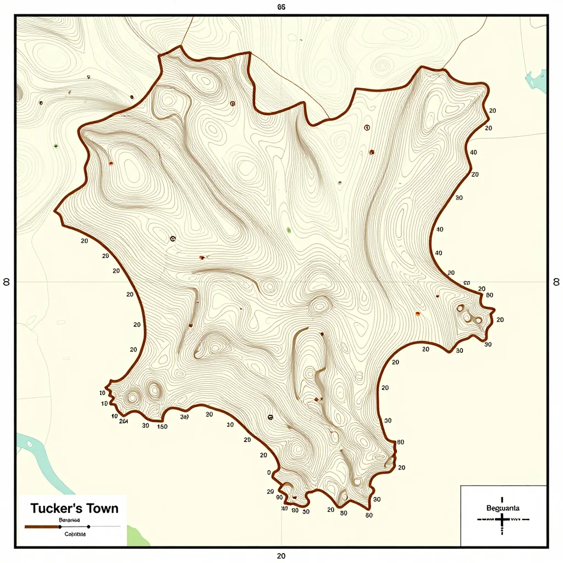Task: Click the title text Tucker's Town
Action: click(x=74, y=508)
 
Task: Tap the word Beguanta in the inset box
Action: click(x=503, y=508)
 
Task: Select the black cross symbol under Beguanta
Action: click(x=503, y=520)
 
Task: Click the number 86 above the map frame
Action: click(x=281, y=7)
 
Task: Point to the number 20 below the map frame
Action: click(x=281, y=556)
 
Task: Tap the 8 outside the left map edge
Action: click(x=7, y=281)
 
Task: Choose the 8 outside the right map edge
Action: click(x=555, y=281)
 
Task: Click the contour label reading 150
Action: click(x=162, y=426)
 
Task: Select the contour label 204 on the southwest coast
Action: click(x=123, y=421)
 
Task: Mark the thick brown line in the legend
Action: click(x=42, y=527)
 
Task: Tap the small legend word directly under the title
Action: click(x=69, y=519)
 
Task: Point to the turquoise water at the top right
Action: click(x=537, y=81)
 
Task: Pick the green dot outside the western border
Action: click(x=56, y=146)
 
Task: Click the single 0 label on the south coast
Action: click(x=269, y=472)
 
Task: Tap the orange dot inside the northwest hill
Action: click(x=111, y=163)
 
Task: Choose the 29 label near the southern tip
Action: click(x=270, y=491)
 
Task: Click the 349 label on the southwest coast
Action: click(x=184, y=417)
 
